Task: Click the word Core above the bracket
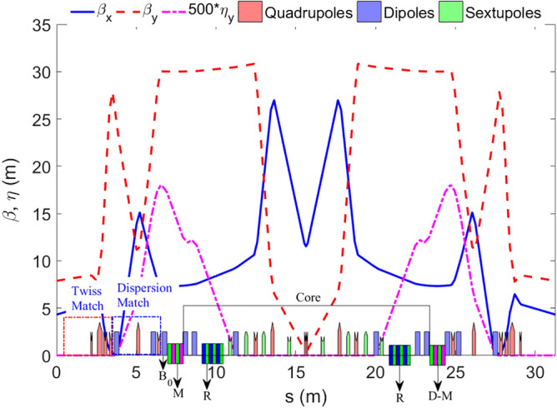(x=307, y=296)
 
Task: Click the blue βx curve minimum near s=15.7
(x=307, y=246)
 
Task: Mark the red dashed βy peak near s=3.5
(x=113, y=96)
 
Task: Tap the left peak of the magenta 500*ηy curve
(x=161, y=186)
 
